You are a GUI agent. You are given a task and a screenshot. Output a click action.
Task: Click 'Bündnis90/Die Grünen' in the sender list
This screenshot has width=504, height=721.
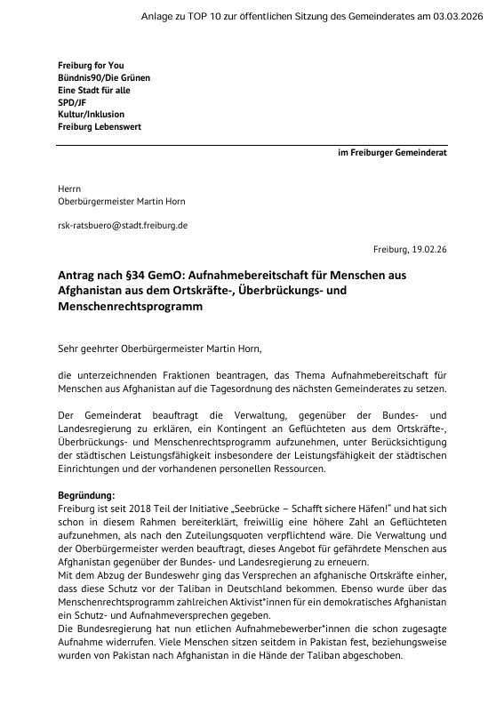coord(104,78)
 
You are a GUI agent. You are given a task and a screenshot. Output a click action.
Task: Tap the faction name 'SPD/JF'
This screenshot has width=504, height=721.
coord(72,102)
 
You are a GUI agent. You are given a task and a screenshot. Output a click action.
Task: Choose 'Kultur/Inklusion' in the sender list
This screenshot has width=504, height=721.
coord(91,115)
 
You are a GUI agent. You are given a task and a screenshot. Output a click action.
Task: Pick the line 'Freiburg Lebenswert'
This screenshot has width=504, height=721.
coord(99,127)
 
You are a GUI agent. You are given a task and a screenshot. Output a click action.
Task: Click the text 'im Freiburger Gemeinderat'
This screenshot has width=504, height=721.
coord(392,153)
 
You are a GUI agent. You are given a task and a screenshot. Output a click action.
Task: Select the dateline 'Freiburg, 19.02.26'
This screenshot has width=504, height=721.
coord(411,251)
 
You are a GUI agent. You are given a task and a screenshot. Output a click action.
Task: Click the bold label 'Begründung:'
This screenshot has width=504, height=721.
coord(86,493)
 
